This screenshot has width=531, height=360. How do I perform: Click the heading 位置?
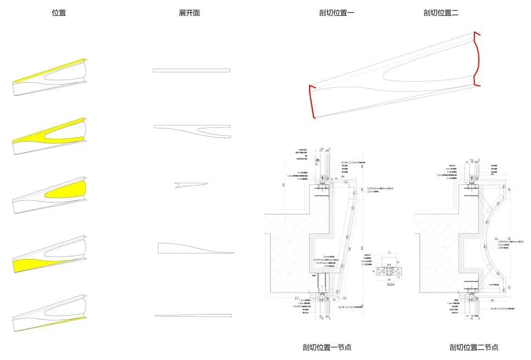pos(59,13)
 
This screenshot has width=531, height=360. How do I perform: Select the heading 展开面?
pos(189,13)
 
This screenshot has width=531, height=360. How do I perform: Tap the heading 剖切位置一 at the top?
pos(337,13)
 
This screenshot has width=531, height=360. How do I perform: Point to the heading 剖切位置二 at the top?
pos(441,13)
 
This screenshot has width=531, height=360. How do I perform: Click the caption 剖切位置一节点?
pos(327,347)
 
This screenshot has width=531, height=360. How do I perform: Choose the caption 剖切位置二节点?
pos(474,347)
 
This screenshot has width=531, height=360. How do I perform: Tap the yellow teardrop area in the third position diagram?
pos(69,192)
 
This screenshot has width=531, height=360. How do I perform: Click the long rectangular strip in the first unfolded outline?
pos(191,70)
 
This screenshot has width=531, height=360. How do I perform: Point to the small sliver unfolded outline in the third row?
pos(189,184)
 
